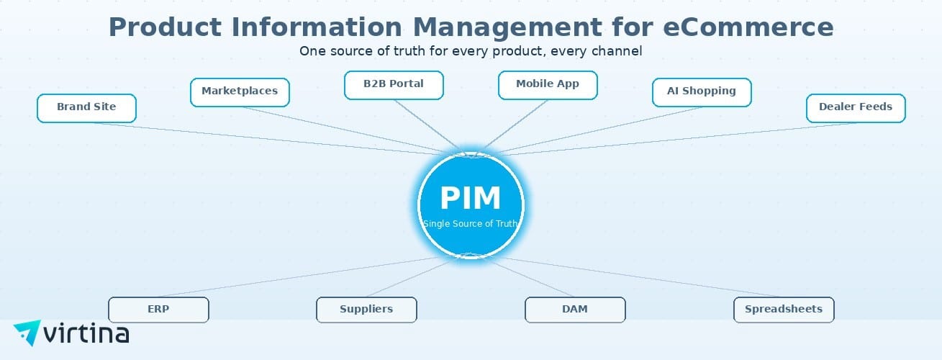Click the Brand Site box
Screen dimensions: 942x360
(86, 108)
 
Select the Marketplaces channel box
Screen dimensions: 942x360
(240, 92)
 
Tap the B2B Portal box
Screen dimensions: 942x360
(394, 85)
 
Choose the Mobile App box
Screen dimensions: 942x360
(548, 85)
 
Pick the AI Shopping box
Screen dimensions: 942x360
(702, 92)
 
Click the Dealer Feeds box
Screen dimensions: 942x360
(856, 108)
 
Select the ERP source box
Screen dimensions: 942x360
(158, 310)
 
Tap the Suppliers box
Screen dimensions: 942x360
(366, 310)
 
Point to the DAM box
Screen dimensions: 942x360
(575, 310)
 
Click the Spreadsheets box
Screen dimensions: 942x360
(784, 310)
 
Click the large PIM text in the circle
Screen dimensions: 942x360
(471, 198)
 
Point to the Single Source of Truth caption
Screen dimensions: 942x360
(471, 223)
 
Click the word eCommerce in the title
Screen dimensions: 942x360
(748, 27)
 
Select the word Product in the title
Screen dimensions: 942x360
(165, 27)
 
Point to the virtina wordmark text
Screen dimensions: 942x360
(86, 334)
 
